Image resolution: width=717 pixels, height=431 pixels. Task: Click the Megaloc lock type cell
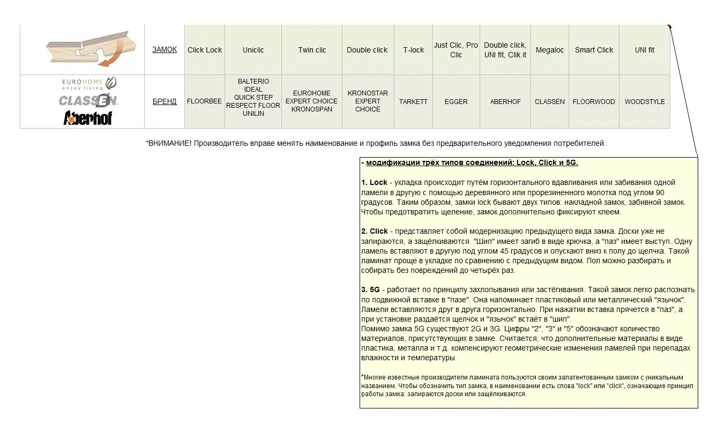point(549,50)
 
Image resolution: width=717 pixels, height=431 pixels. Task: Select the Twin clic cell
point(312,50)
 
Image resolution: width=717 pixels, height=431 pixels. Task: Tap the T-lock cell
point(413,50)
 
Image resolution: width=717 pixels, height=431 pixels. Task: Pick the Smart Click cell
point(594,50)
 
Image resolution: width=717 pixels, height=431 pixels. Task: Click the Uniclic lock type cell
point(253,50)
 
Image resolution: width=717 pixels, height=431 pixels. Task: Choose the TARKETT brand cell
point(413,101)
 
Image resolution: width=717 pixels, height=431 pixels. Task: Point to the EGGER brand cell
point(456,101)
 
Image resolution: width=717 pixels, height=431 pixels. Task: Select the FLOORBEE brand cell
point(204,101)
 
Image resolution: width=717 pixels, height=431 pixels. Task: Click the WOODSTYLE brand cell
point(645,101)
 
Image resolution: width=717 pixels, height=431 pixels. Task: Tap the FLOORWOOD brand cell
point(594,101)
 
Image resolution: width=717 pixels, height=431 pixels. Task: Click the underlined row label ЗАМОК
point(165,50)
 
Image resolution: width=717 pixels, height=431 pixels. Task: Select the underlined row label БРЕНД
point(165,101)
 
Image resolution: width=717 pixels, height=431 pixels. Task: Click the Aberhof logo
point(88,118)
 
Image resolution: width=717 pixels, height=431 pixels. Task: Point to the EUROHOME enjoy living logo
point(89,84)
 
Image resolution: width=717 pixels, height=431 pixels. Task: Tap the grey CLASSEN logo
point(88,100)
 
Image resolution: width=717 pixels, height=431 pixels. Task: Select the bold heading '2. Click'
point(374,231)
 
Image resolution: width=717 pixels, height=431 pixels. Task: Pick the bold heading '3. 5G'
point(370,289)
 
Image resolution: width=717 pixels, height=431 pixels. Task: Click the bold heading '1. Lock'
point(374,182)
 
